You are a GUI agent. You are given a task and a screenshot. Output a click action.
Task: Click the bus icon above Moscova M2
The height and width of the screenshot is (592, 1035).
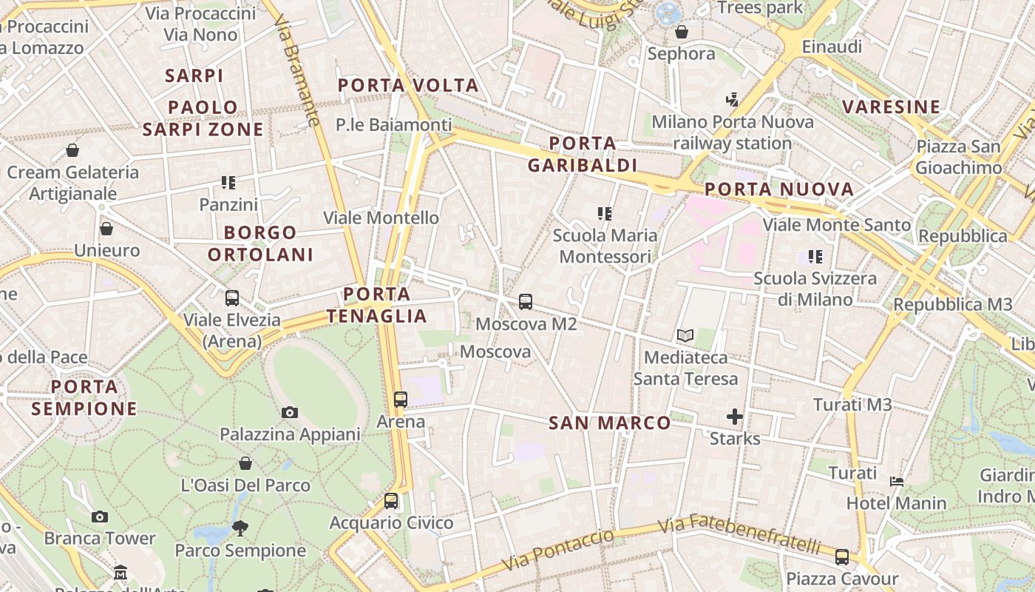tap(526, 302)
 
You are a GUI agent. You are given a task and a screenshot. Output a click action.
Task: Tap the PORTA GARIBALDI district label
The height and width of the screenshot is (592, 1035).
tap(583, 154)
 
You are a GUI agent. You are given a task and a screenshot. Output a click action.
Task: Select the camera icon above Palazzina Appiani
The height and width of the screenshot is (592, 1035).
tap(290, 412)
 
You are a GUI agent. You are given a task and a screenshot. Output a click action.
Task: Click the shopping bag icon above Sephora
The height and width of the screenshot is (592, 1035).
tap(682, 32)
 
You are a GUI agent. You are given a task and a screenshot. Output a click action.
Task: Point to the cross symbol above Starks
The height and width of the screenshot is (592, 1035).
tap(734, 417)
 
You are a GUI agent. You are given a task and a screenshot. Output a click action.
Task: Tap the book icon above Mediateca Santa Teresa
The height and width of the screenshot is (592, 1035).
tap(685, 336)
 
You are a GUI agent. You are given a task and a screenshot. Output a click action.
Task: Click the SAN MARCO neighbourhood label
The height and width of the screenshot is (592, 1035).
tap(610, 423)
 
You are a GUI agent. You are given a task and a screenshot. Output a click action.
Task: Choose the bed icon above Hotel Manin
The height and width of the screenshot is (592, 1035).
tap(897, 482)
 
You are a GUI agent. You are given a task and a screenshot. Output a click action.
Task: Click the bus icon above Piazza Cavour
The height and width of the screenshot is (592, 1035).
tap(842, 557)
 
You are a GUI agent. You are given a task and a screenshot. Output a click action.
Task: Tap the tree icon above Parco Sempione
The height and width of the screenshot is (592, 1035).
tap(240, 528)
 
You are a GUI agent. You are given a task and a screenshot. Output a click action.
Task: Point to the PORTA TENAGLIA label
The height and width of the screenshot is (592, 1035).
tap(377, 305)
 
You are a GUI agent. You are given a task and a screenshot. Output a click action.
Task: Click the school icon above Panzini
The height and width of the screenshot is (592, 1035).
tap(228, 183)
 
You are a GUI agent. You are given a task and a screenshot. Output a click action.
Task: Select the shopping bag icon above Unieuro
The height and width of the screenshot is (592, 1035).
tap(106, 229)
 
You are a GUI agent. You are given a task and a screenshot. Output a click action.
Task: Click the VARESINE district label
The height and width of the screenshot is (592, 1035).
tap(892, 107)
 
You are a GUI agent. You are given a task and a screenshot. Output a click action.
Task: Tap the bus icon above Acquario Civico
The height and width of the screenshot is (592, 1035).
tap(391, 501)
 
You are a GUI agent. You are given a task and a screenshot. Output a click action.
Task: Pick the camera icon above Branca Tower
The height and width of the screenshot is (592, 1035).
tap(100, 517)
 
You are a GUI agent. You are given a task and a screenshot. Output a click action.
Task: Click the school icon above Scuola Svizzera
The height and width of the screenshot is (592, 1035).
tap(815, 257)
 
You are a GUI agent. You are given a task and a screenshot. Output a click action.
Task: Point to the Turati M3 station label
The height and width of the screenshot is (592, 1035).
tap(852, 405)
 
